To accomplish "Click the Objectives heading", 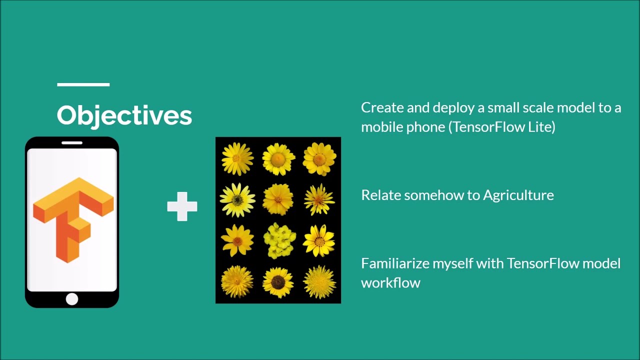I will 124,115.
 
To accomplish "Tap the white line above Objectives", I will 83,84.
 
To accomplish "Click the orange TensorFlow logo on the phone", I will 73,218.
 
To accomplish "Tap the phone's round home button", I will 72,299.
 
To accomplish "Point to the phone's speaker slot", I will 72,143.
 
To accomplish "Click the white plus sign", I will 182,206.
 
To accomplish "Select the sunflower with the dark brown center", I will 278,282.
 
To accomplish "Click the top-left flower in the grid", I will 237,159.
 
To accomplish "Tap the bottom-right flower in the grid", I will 319,282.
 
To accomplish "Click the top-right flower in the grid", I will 319,159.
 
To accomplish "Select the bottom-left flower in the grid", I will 237,282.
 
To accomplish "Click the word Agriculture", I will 518,195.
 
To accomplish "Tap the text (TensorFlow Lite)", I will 501,127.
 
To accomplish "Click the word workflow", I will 390,283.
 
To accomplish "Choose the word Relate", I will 380,195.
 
